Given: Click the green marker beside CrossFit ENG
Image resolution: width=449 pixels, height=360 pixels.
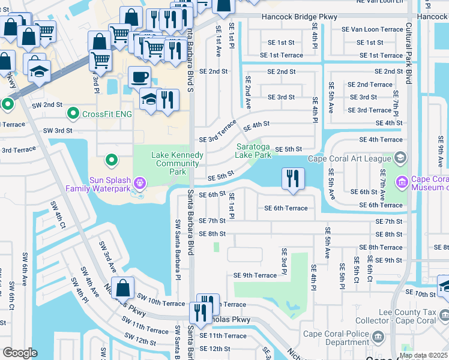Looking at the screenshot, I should tap(73, 113).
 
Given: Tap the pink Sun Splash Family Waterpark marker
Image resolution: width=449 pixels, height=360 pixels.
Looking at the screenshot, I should tap(140, 181).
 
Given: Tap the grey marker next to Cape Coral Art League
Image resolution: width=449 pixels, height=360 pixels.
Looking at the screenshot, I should tap(400, 159).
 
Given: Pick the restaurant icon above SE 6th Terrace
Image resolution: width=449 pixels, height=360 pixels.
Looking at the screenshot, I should tap(293, 178).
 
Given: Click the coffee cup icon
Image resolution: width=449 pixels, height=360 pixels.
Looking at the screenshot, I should tap(139, 77).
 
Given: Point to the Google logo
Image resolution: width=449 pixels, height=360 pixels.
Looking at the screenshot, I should tap(20, 353).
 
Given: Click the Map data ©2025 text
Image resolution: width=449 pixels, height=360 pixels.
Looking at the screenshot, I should tap(423, 355).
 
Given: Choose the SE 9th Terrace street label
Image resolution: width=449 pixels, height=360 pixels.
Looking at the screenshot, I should tap(255, 275).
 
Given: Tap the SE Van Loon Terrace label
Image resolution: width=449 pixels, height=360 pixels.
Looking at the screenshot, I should tap(376, 29).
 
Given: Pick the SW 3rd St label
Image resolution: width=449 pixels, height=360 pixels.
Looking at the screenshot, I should tap(58, 130).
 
